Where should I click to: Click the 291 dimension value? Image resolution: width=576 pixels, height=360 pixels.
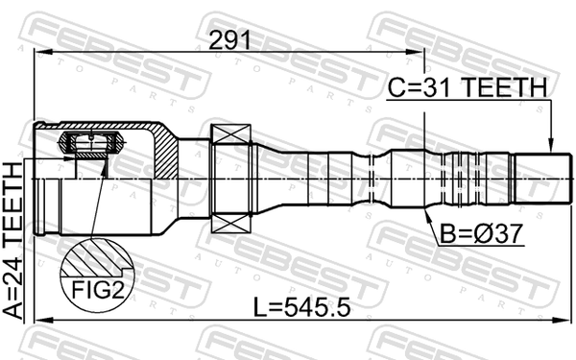tap(229, 40)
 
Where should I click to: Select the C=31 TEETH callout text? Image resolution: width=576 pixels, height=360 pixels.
tap(468, 87)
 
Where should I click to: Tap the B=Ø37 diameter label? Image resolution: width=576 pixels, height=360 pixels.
tap(481, 234)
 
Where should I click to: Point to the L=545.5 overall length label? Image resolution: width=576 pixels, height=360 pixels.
tap(302, 307)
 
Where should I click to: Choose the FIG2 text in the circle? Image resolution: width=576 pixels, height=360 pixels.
tap(97, 290)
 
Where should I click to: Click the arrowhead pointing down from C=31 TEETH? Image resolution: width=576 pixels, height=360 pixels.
tap(550, 146)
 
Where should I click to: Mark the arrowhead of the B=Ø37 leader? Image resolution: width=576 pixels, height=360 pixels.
tap(427, 215)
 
